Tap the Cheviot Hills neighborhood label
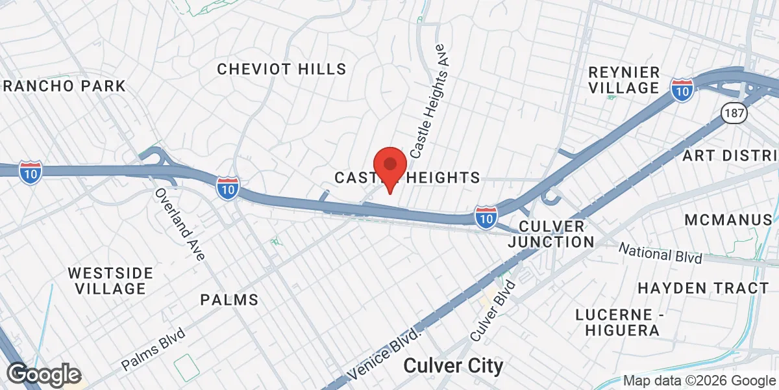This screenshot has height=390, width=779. tap(282, 69)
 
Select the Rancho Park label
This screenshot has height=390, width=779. tap(63, 86)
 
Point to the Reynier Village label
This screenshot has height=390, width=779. tap(623, 80)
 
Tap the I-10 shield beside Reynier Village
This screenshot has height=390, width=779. tap(682, 89)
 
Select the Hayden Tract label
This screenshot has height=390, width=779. tap(703, 287)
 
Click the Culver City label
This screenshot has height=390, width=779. tap(453, 366)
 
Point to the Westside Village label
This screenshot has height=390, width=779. tap(110, 280)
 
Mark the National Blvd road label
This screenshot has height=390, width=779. tap(660, 253)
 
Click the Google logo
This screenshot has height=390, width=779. tap(43, 374)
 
